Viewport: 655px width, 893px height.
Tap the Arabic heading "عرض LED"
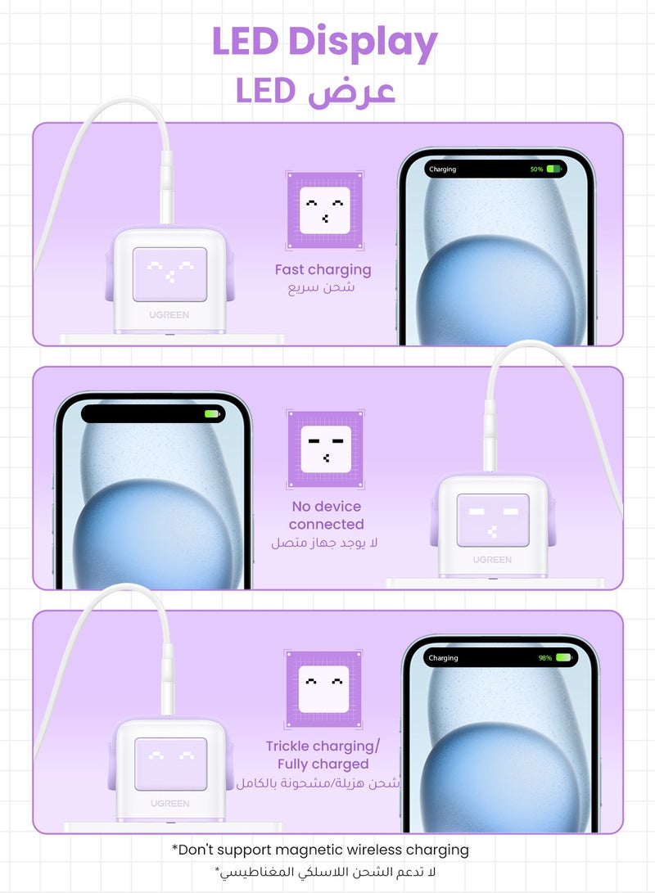click(x=316, y=91)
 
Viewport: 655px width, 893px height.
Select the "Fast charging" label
click(x=323, y=269)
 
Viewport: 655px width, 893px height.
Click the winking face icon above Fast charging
click(x=325, y=210)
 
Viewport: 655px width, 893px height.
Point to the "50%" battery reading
click(x=536, y=169)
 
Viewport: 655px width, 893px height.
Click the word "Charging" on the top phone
click(x=442, y=169)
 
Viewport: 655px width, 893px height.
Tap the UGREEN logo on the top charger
click(x=169, y=314)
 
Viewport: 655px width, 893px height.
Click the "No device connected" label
click(x=326, y=515)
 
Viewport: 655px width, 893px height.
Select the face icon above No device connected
click(x=325, y=449)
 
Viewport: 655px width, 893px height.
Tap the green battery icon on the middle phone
click(x=213, y=414)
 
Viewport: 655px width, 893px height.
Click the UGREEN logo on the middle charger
click(x=491, y=560)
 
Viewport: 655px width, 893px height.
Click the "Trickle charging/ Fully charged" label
click(x=323, y=755)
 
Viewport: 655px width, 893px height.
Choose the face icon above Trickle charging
click(x=323, y=688)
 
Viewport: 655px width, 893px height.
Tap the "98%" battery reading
click(x=545, y=657)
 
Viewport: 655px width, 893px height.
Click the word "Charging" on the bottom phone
click(x=443, y=657)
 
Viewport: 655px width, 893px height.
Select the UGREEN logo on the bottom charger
click(x=169, y=804)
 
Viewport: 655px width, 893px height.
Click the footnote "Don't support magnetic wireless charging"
click(x=320, y=850)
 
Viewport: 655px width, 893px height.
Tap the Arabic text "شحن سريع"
click(x=321, y=288)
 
